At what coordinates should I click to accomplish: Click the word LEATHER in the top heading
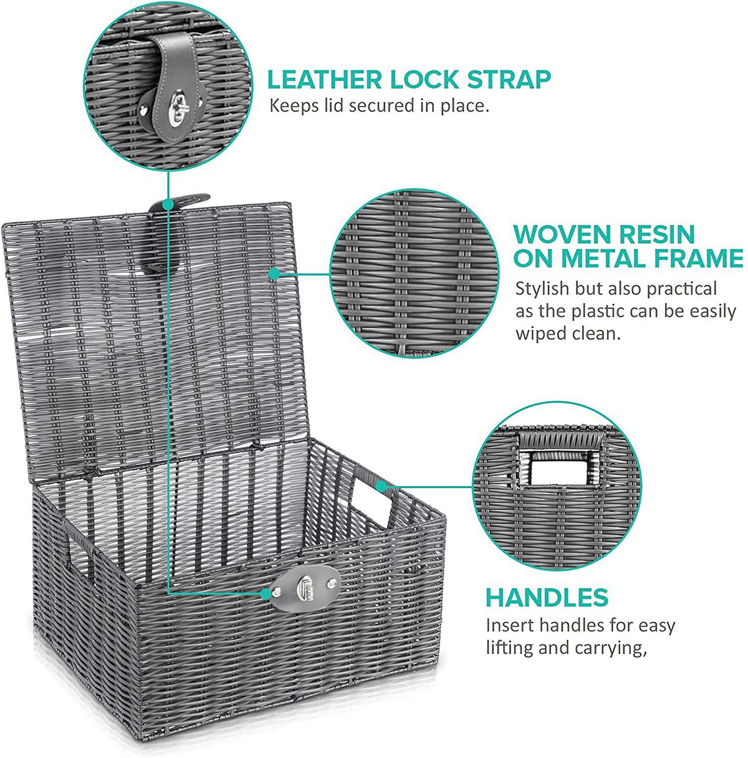tap(325, 79)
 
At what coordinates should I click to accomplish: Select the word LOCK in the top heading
tap(424, 79)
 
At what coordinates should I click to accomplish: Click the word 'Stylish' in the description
tap(542, 289)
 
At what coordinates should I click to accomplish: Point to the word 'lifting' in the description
tap(509, 647)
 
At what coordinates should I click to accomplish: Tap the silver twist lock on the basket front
tap(305, 588)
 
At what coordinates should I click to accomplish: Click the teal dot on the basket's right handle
tap(380, 487)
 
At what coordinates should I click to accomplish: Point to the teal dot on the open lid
tap(275, 273)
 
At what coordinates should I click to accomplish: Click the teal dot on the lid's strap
tap(168, 204)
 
